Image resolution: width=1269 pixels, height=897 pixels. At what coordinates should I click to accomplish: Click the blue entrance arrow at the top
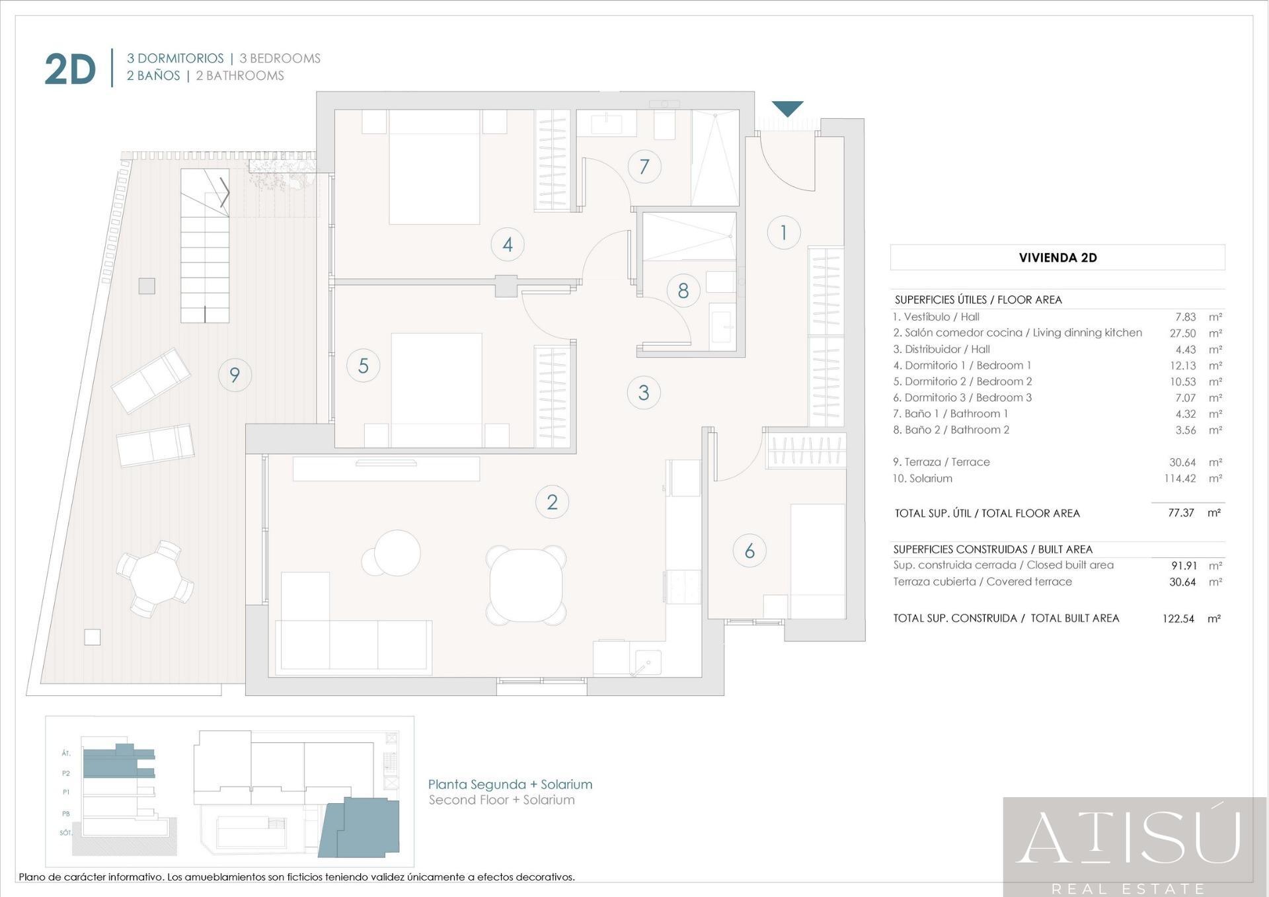(787, 108)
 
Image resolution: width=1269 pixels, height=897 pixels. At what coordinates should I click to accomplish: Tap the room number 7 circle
(644, 167)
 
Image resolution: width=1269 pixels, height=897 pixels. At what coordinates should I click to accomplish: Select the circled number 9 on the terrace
(235, 375)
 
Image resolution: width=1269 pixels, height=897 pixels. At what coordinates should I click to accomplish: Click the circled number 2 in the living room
(552, 502)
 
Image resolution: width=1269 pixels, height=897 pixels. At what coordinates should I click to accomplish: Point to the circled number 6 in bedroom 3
(750, 551)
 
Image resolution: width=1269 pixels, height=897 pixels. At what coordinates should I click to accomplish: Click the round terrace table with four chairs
(155, 578)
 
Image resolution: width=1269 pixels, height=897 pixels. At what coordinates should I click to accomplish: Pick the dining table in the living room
(526, 585)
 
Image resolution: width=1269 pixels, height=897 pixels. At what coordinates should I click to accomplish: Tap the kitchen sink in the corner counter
(647, 662)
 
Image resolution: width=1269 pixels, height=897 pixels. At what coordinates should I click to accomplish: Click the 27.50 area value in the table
(1182, 333)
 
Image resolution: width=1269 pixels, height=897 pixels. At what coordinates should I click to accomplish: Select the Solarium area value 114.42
(1180, 478)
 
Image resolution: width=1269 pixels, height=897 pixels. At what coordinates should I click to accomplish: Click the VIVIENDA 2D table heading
(1057, 258)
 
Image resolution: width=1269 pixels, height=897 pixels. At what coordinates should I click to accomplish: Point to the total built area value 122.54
(1178, 619)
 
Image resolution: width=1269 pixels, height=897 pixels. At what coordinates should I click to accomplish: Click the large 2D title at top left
(70, 69)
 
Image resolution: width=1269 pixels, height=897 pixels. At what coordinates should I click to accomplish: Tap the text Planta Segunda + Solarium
(510, 784)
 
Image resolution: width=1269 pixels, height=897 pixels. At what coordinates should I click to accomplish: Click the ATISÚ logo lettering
(1128, 838)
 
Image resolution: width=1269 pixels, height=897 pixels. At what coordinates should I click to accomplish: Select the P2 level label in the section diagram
(66, 773)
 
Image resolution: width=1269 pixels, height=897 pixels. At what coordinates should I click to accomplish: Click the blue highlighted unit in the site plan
(360, 827)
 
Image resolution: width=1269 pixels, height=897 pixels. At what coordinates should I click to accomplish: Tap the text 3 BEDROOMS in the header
(280, 58)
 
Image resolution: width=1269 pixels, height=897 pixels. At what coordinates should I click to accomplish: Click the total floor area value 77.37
(1181, 513)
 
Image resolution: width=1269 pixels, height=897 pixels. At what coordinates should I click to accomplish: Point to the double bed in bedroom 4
(434, 167)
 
